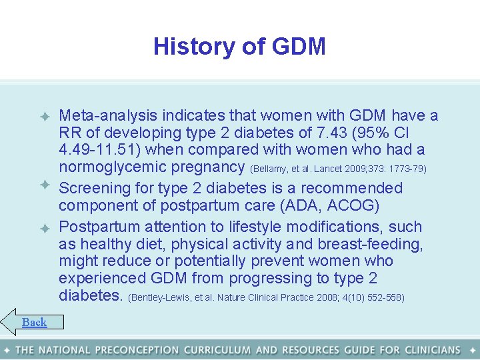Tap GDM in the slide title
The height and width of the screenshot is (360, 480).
(x=298, y=47)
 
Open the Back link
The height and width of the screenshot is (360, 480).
(x=34, y=323)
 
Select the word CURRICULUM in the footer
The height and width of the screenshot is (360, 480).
(x=217, y=350)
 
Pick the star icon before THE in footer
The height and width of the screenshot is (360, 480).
(x=7, y=350)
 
